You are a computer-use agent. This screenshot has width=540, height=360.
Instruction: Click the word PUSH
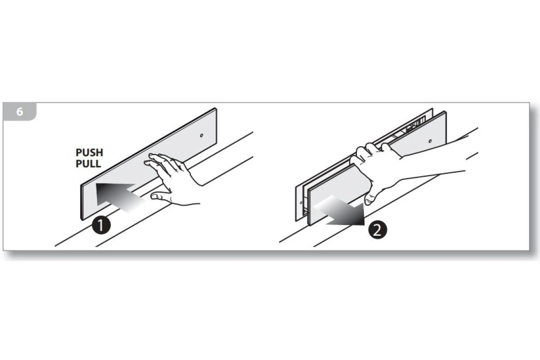(x=90, y=153)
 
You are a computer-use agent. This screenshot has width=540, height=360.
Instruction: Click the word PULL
(x=88, y=164)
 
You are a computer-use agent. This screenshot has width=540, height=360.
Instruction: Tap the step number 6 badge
(x=19, y=112)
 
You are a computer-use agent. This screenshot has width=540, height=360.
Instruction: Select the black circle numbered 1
(x=101, y=225)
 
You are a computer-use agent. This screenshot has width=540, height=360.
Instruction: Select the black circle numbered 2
(x=378, y=230)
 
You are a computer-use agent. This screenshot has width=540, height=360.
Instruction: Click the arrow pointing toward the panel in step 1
(x=121, y=197)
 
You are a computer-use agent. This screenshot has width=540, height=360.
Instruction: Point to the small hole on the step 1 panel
(x=202, y=135)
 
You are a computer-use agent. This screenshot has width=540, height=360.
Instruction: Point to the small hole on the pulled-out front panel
(x=430, y=141)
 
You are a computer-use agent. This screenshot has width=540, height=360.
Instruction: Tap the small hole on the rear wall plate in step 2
(x=301, y=202)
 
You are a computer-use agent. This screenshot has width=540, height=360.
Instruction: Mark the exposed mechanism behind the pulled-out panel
(x=410, y=127)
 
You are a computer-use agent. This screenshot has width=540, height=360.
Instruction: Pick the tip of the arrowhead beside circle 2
(x=364, y=225)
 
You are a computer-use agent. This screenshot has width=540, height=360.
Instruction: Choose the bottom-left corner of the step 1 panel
(x=82, y=220)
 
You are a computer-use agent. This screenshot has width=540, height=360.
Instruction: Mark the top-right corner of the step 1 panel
(x=216, y=108)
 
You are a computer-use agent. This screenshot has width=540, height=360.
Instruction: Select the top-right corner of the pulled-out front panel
(x=445, y=112)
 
